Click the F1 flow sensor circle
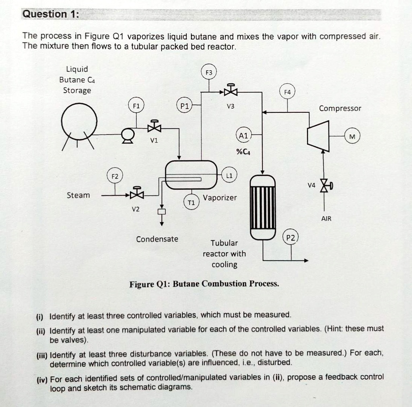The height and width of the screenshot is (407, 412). pos(136,106)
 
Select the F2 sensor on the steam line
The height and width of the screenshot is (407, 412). pos(115,176)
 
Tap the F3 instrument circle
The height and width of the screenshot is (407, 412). pos(208,73)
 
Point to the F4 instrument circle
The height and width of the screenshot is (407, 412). pos(287,92)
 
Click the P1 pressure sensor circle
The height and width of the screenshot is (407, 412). pos(184,106)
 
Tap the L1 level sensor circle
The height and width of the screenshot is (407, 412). pos(229,176)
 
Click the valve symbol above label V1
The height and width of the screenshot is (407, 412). pos(154,127)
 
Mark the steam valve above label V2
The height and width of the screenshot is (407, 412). pos(137,194)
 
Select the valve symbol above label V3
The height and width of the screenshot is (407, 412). pos(231,91)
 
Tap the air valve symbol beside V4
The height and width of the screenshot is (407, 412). pos(324,186)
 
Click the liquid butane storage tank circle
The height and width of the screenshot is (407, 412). pos(79,120)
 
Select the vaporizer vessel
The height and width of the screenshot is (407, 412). pos(191,175)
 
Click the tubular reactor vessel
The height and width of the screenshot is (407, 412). pos(263,207)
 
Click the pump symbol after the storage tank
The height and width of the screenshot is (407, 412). pos(128,135)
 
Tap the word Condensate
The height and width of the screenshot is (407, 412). pos(157,239)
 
